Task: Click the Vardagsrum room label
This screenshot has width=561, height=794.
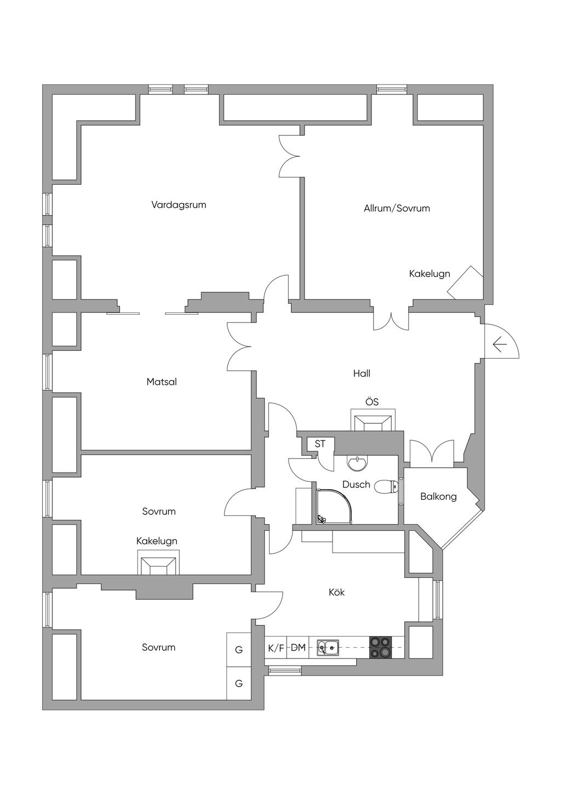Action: [x=179, y=205]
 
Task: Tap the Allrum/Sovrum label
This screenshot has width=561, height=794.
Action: [x=397, y=208]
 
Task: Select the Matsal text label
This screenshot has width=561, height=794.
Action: [x=162, y=382]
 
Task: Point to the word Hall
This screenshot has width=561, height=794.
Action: [x=362, y=373]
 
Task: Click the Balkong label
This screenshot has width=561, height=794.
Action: [x=438, y=497]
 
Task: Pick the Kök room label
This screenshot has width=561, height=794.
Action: [x=336, y=592]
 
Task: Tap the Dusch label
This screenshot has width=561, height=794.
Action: [x=356, y=485]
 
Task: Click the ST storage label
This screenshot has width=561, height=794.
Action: [x=320, y=444]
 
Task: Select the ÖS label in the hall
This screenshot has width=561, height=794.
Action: [x=372, y=402]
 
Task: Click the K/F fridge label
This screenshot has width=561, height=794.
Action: [x=276, y=648]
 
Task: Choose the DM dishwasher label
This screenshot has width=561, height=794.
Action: [x=298, y=648]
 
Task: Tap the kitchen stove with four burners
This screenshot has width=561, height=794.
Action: [x=381, y=647]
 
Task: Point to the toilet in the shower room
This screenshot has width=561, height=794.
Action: [x=387, y=487]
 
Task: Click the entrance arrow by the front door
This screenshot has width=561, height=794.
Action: [x=499, y=345]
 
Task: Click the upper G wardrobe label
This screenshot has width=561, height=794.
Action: [x=239, y=650]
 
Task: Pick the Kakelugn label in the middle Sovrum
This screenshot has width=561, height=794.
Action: [x=157, y=541]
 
